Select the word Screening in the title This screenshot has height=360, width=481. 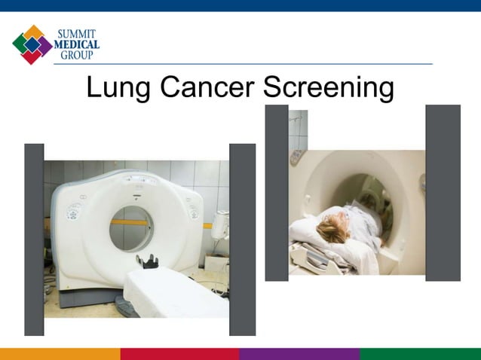(x=328, y=89)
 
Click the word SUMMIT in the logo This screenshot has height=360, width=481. (x=78, y=33)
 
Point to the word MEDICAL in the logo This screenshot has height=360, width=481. (x=78, y=44)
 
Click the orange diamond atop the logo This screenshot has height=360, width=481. (x=33, y=32)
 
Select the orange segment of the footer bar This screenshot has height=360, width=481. (x=60, y=354)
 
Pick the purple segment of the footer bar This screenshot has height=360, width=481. (x=299, y=354)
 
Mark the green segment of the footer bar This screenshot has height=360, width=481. (x=420, y=354)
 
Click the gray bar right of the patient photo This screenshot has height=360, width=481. (x=443, y=193)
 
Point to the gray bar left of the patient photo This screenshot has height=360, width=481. (x=277, y=193)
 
